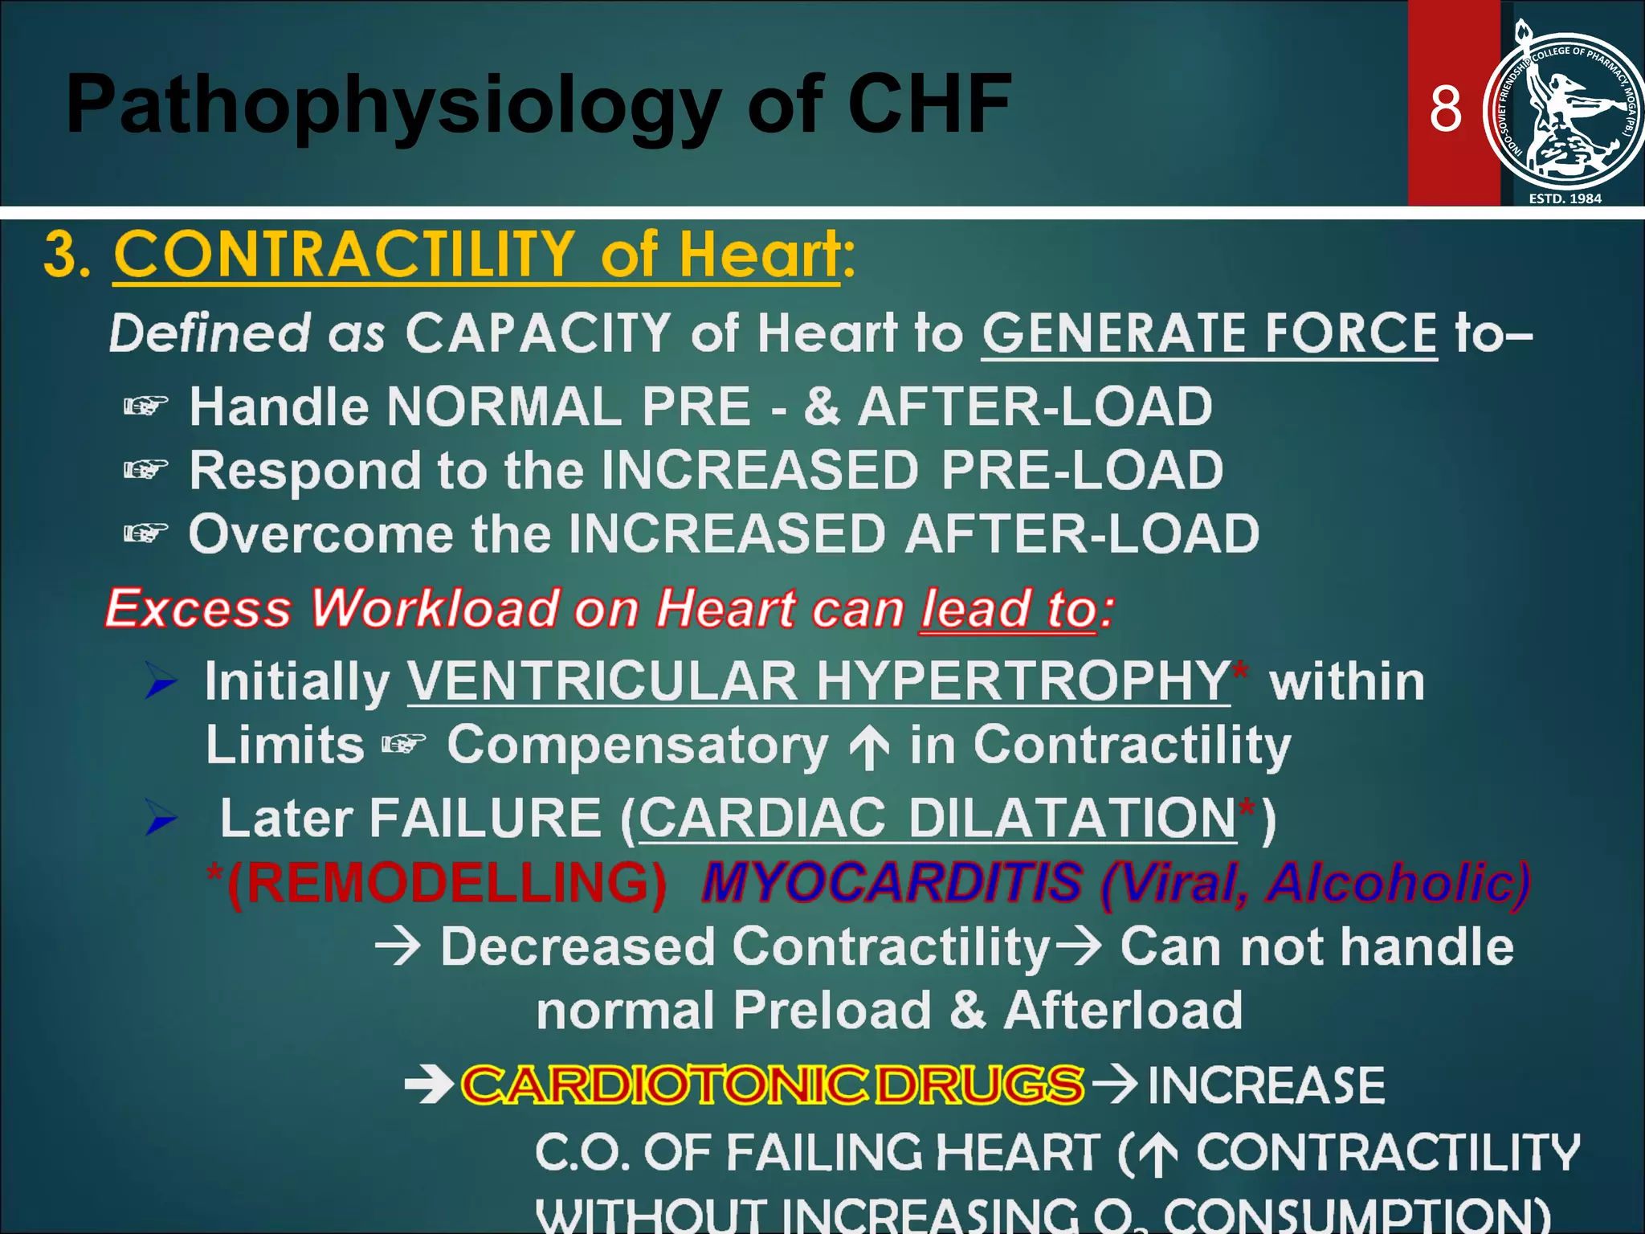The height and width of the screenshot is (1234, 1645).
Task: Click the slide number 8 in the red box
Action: (x=1445, y=109)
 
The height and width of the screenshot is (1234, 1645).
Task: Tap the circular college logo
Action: (x=1562, y=109)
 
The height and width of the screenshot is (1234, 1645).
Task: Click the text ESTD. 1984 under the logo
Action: (x=1565, y=198)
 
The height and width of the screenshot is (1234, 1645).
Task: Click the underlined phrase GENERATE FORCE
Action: (x=1209, y=333)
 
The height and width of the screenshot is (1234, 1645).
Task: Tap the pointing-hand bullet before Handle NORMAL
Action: (x=145, y=407)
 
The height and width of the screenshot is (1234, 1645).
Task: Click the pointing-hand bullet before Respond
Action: (x=145, y=469)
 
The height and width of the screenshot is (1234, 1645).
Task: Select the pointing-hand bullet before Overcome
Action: (x=145, y=533)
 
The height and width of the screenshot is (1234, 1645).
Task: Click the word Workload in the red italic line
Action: (x=435, y=608)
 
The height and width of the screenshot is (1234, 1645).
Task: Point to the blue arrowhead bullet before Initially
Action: (x=160, y=681)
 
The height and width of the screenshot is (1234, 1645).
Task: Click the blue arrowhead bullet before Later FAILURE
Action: (x=160, y=818)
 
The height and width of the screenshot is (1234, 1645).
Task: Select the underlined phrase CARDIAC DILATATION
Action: (x=937, y=819)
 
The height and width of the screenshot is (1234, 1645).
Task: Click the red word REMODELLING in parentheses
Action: (x=447, y=883)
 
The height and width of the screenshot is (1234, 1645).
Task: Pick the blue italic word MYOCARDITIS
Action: (x=892, y=883)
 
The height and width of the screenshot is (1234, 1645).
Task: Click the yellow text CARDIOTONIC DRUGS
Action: (x=772, y=1084)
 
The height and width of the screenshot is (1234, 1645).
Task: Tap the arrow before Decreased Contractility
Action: (x=398, y=946)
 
